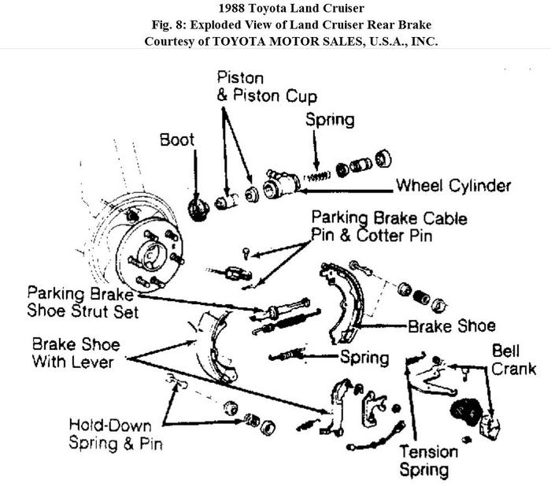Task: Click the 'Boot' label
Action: (x=178, y=139)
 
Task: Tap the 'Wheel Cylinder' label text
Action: (x=453, y=187)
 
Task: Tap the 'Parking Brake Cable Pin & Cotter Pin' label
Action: (x=389, y=225)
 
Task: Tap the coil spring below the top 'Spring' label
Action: (x=317, y=177)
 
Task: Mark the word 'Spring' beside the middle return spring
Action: (x=364, y=358)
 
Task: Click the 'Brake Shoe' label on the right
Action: (x=452, y=325)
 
